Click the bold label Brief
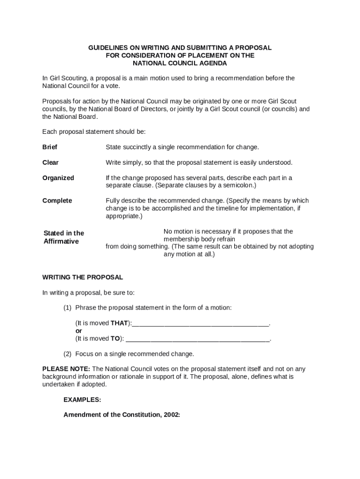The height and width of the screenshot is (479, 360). [50, 147]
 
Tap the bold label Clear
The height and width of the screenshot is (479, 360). [50, 162]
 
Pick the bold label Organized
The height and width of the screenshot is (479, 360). [58, 178]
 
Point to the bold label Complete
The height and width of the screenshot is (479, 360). [57, 201]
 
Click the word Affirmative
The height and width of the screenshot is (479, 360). [61, 241]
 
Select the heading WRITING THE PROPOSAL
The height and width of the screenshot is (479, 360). [82, 277]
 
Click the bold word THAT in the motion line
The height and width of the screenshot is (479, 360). [119, 323]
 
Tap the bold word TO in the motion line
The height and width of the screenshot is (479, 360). [115, 338]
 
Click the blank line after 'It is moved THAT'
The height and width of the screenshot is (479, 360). [201, 324]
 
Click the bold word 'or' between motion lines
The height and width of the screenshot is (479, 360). [79, 331]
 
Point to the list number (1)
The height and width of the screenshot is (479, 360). [67, 308]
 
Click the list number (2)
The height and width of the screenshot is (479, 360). [67, 354]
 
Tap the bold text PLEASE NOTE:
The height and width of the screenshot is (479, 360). [66, 369]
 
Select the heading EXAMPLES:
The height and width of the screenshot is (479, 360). [82, 400]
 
